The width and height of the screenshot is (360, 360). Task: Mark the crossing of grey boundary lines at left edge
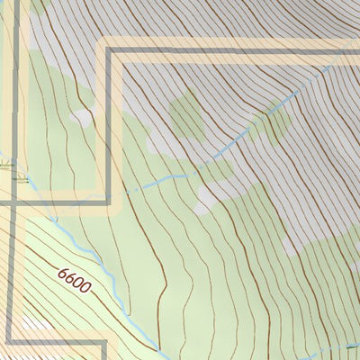pyautogui.click(x=11, y=203)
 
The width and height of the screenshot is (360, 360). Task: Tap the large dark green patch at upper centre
pyautogui.click(x=187, y=112)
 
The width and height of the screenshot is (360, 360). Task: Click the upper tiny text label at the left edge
pyautogui.click(x=7, y=166)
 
